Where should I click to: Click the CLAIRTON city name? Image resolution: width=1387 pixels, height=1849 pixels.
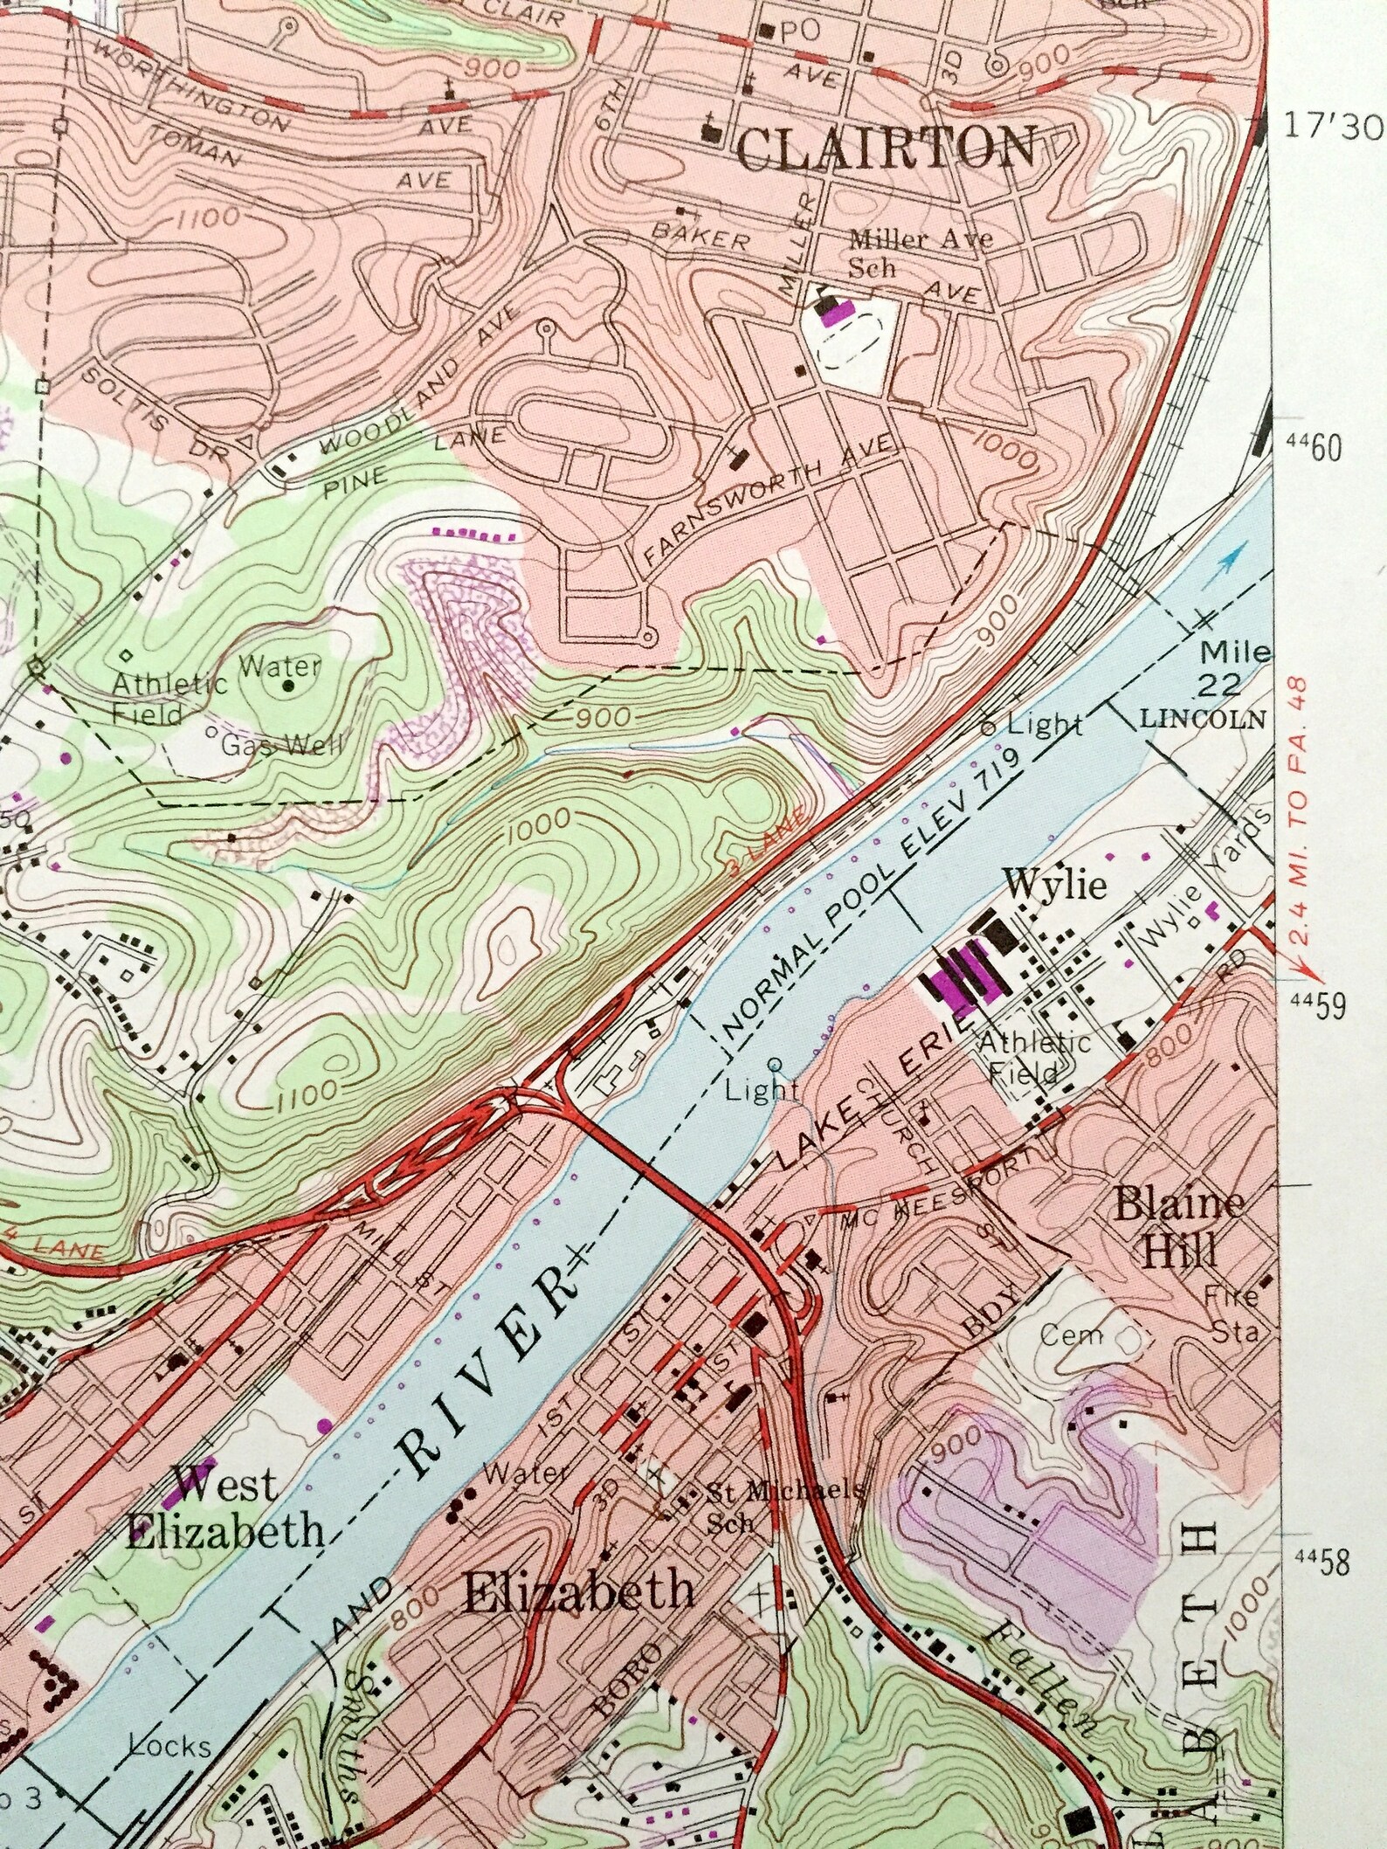pos(887,148)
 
